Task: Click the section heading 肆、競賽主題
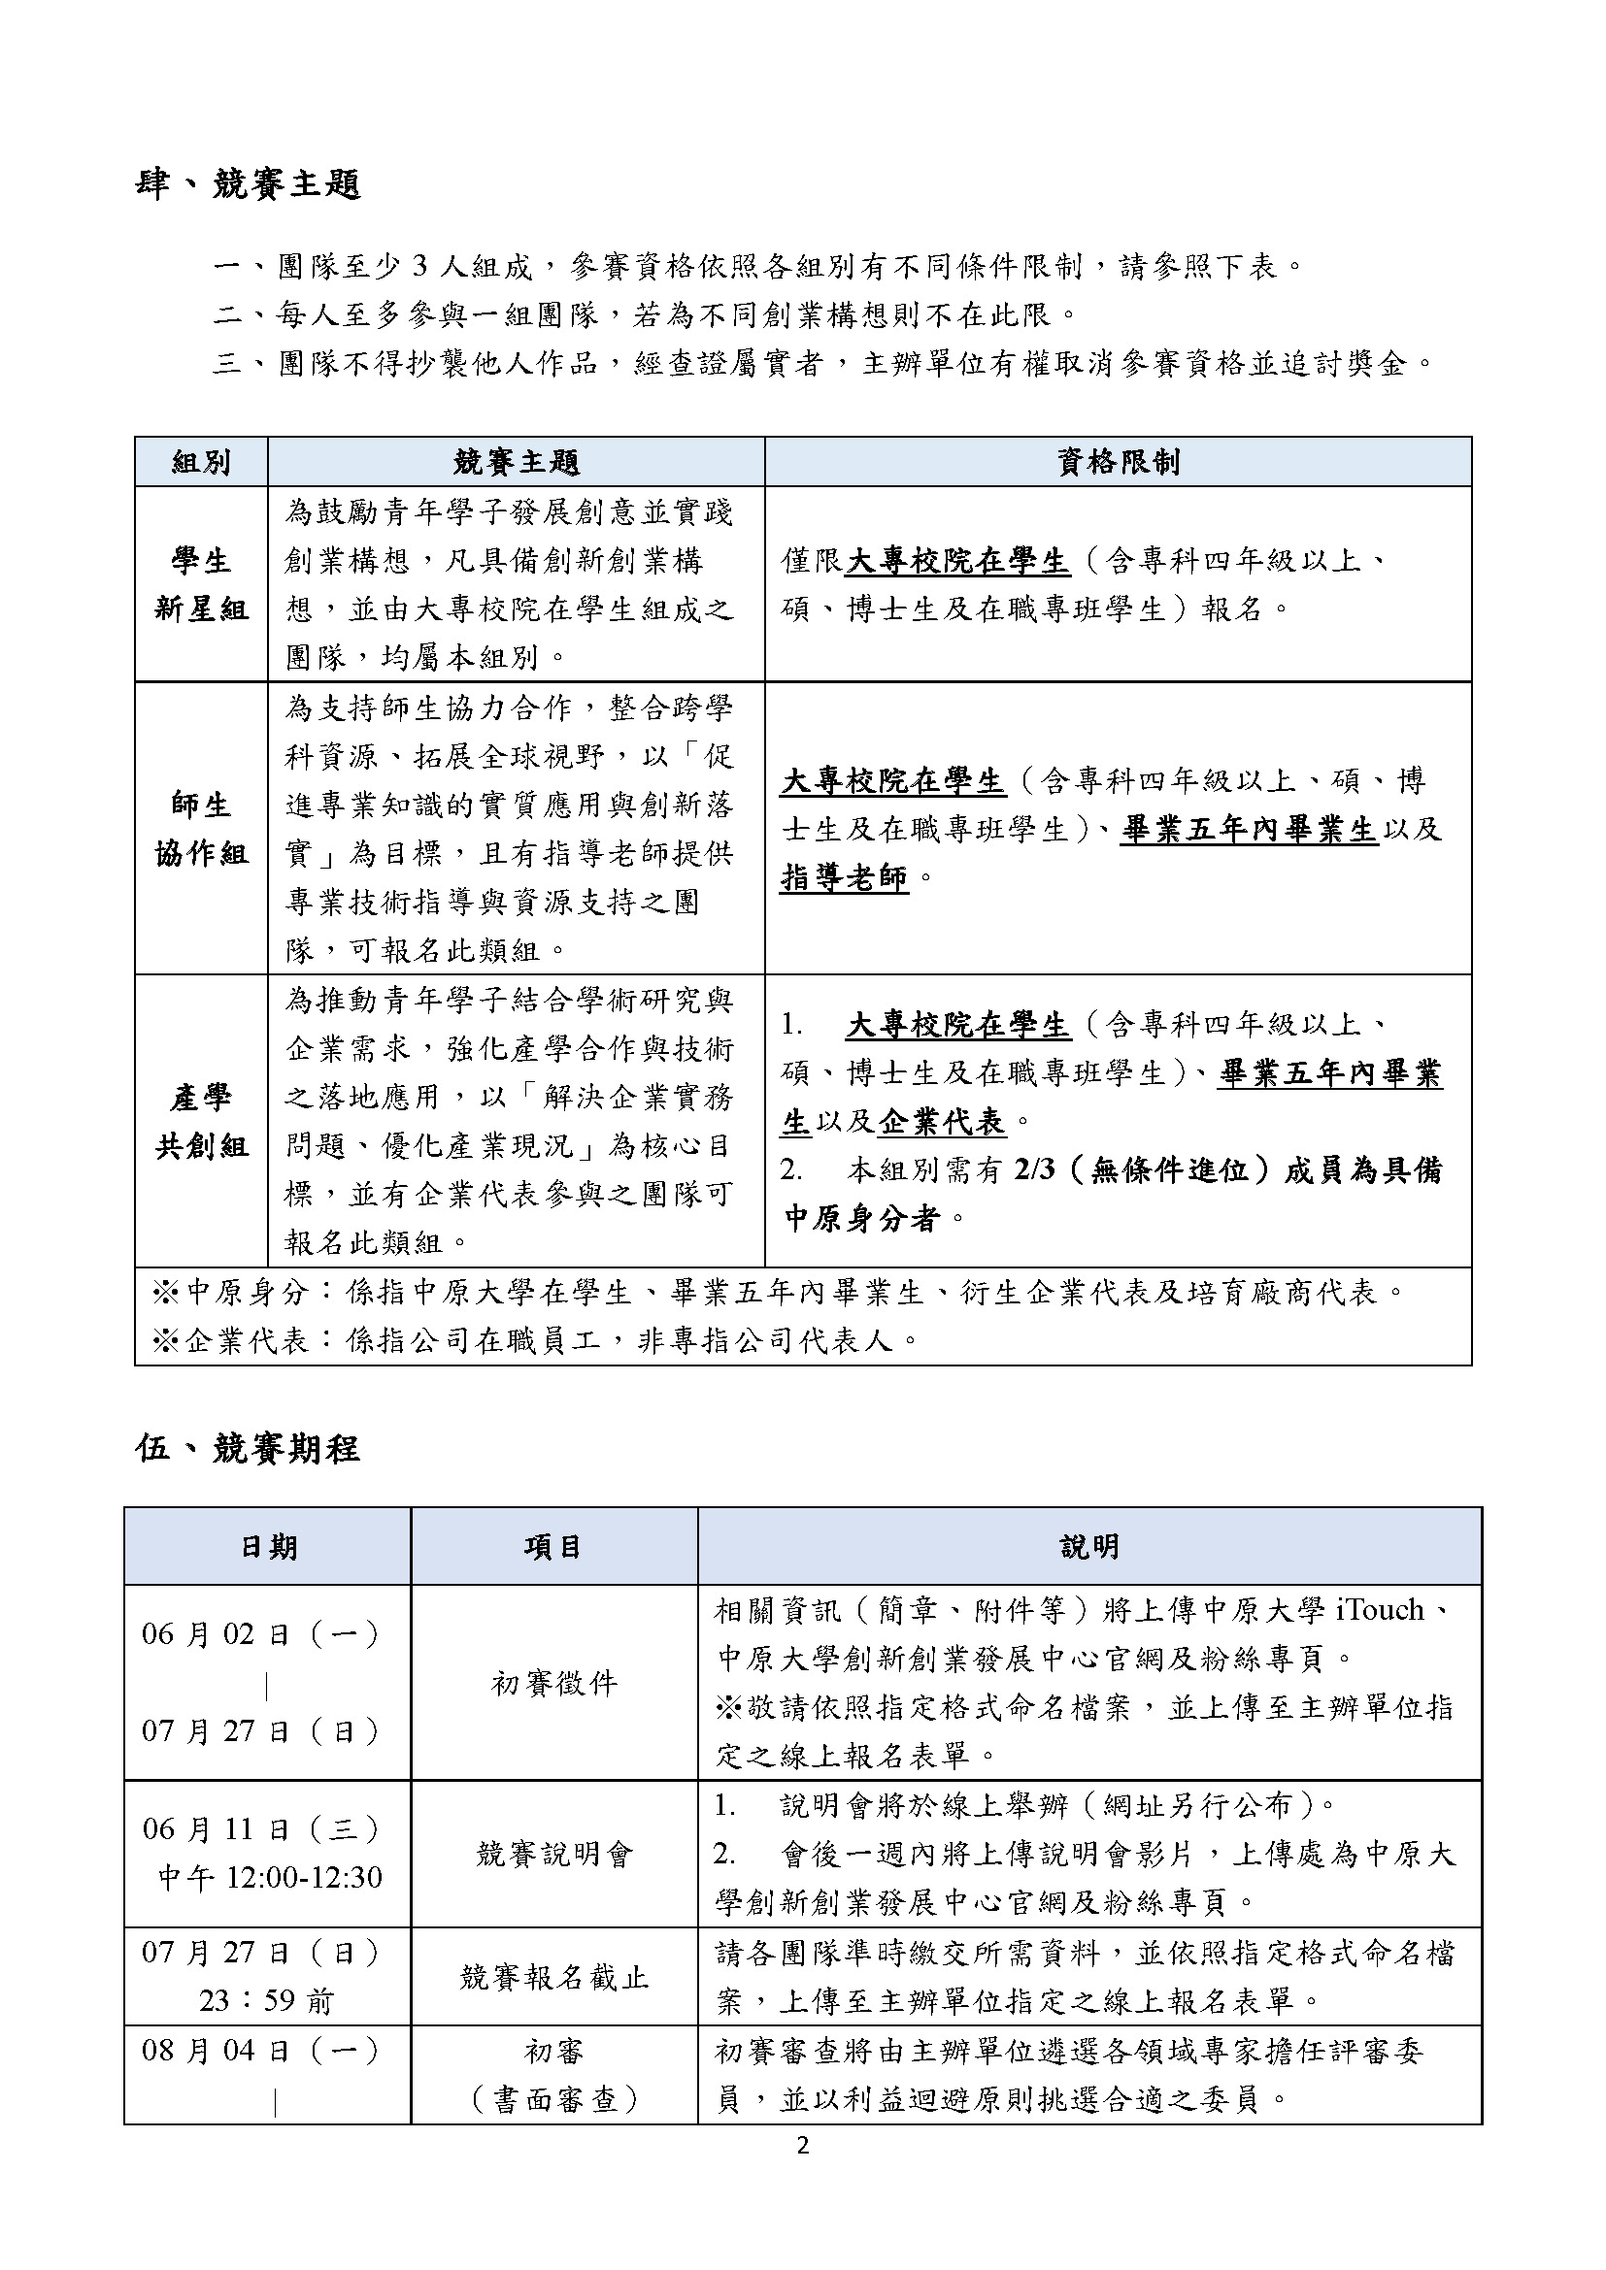pos(248,185)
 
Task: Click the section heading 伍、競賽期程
pos(248,1448)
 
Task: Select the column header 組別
pos(201,462)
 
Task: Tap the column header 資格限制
pos(1118,462)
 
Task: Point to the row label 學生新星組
pos(201,584)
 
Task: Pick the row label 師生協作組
pos(201,829)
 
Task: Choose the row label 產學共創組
pos(201,1121)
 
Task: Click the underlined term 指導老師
pos(844,877)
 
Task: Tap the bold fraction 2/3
pos(1034,1169)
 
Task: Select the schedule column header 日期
pos(268,1547)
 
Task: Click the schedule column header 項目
pos(553,1547)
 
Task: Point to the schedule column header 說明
pos(1088,1547)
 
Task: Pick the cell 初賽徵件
pos(553,1683)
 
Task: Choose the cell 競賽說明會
pos(553,1854)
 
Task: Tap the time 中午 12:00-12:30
pos(269,1878)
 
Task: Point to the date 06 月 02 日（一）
pos(261,1634)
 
